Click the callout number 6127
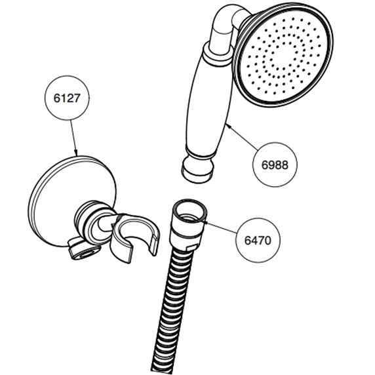coord(67,98)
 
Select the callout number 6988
coord(275,165)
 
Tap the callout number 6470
coord(258,240)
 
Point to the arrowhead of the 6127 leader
coord(75,153)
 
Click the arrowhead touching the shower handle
coord(228,125)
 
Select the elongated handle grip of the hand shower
coord(208,103)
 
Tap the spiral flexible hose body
coord(172,311)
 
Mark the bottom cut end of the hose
coord(161,370)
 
